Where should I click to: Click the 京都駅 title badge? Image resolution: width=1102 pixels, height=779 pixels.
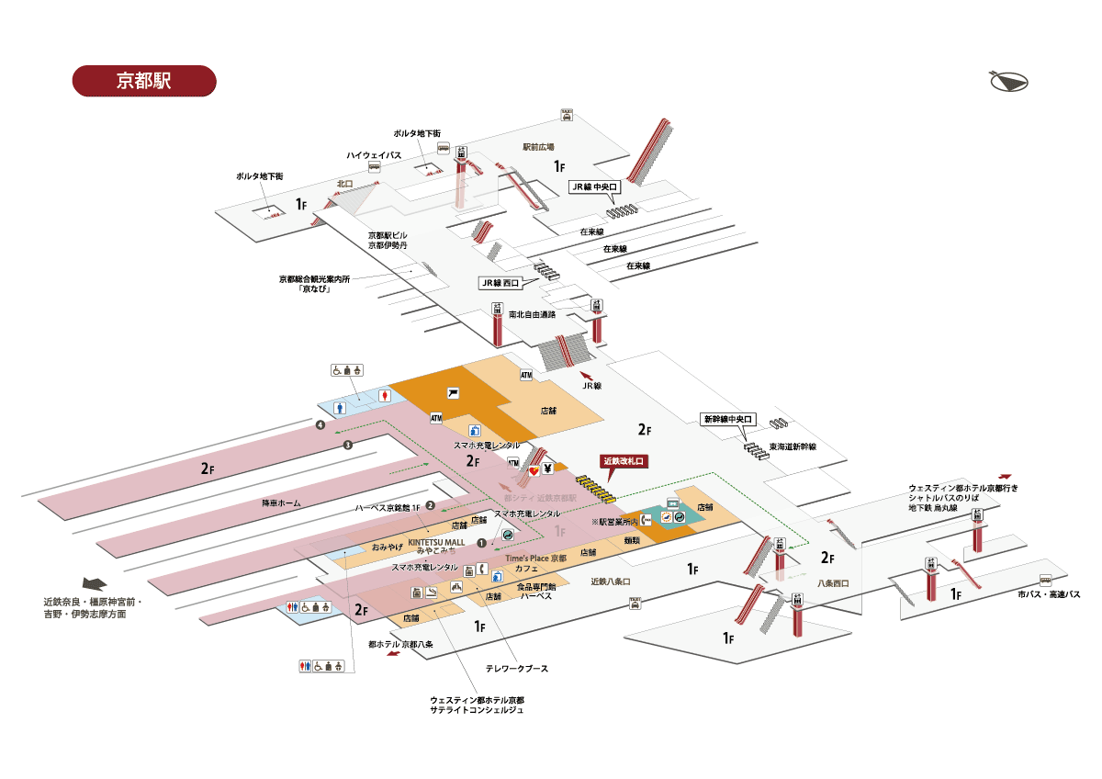[x=143, y=81]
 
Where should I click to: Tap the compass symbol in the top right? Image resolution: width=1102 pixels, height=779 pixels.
[x=1009, y=82]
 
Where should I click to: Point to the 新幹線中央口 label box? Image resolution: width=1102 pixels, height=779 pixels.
[x=727, y=419]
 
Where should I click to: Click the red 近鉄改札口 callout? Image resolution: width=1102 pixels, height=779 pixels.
[x=625, y=461]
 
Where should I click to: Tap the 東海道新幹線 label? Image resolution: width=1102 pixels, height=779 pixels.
[x=793, y=446]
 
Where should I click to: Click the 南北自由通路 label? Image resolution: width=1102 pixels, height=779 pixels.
[x=533, y=314]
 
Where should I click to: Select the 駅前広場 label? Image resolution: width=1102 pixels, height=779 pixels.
[x=539, y=146]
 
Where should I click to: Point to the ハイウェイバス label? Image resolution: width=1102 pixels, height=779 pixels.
[x=373, y=154]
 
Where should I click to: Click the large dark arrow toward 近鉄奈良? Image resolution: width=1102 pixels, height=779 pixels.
[x=96, y=584]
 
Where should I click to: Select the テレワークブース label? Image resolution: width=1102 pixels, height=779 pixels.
[x=517, y=668]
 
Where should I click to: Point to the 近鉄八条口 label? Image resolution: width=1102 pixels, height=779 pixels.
[x=611, y=581]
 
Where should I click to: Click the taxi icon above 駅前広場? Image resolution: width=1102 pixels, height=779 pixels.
[x=568, y=116]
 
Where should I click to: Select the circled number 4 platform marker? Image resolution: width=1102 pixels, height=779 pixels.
[x=320, y=425]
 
